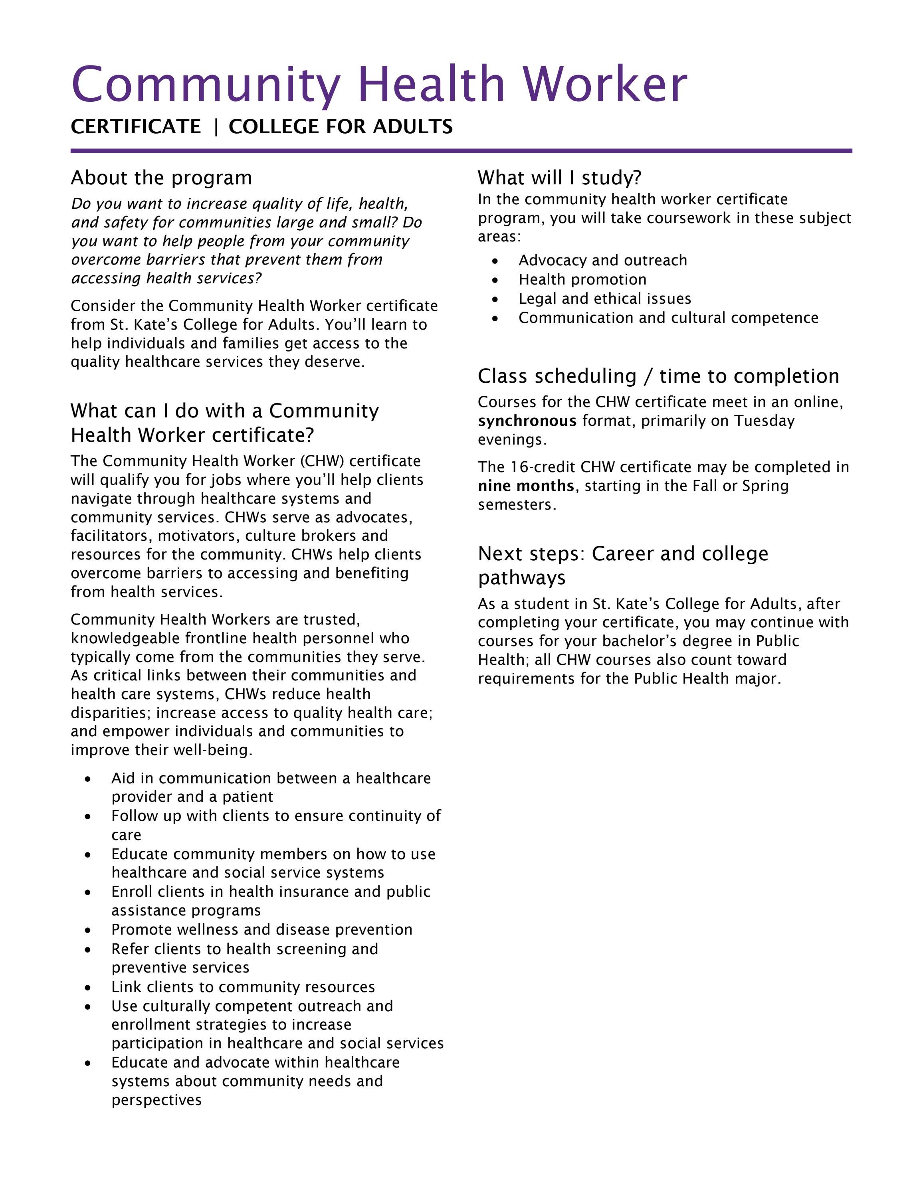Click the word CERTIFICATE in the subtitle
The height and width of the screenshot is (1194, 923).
[136, 127]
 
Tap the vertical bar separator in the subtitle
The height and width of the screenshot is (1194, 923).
[216, 127]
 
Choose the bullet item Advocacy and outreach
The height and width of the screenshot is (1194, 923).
[602, 260]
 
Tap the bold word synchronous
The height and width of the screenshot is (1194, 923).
[527, 421]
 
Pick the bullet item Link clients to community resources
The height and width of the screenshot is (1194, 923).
[243, 987]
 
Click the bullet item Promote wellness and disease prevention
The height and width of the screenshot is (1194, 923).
[262, 929]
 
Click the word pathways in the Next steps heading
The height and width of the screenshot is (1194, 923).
[522, 577]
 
